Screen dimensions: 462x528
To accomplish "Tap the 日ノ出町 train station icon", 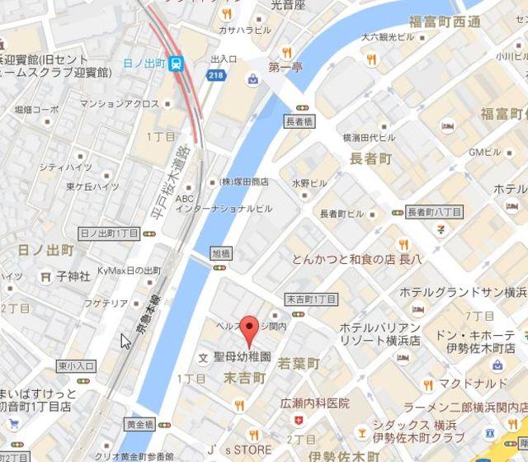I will [x=177, y=64].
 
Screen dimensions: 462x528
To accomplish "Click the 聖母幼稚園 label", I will [x=242, y=358].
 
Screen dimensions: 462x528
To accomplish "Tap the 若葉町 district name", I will [x=298, y=362].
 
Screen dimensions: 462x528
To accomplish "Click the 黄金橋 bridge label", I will [x=139, y=424].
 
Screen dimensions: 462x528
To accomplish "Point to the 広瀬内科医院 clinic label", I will [x=314, y=403].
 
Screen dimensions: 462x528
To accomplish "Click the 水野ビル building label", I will [x=309, y=182].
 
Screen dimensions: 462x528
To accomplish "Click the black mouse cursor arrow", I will [x=125, y=341].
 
